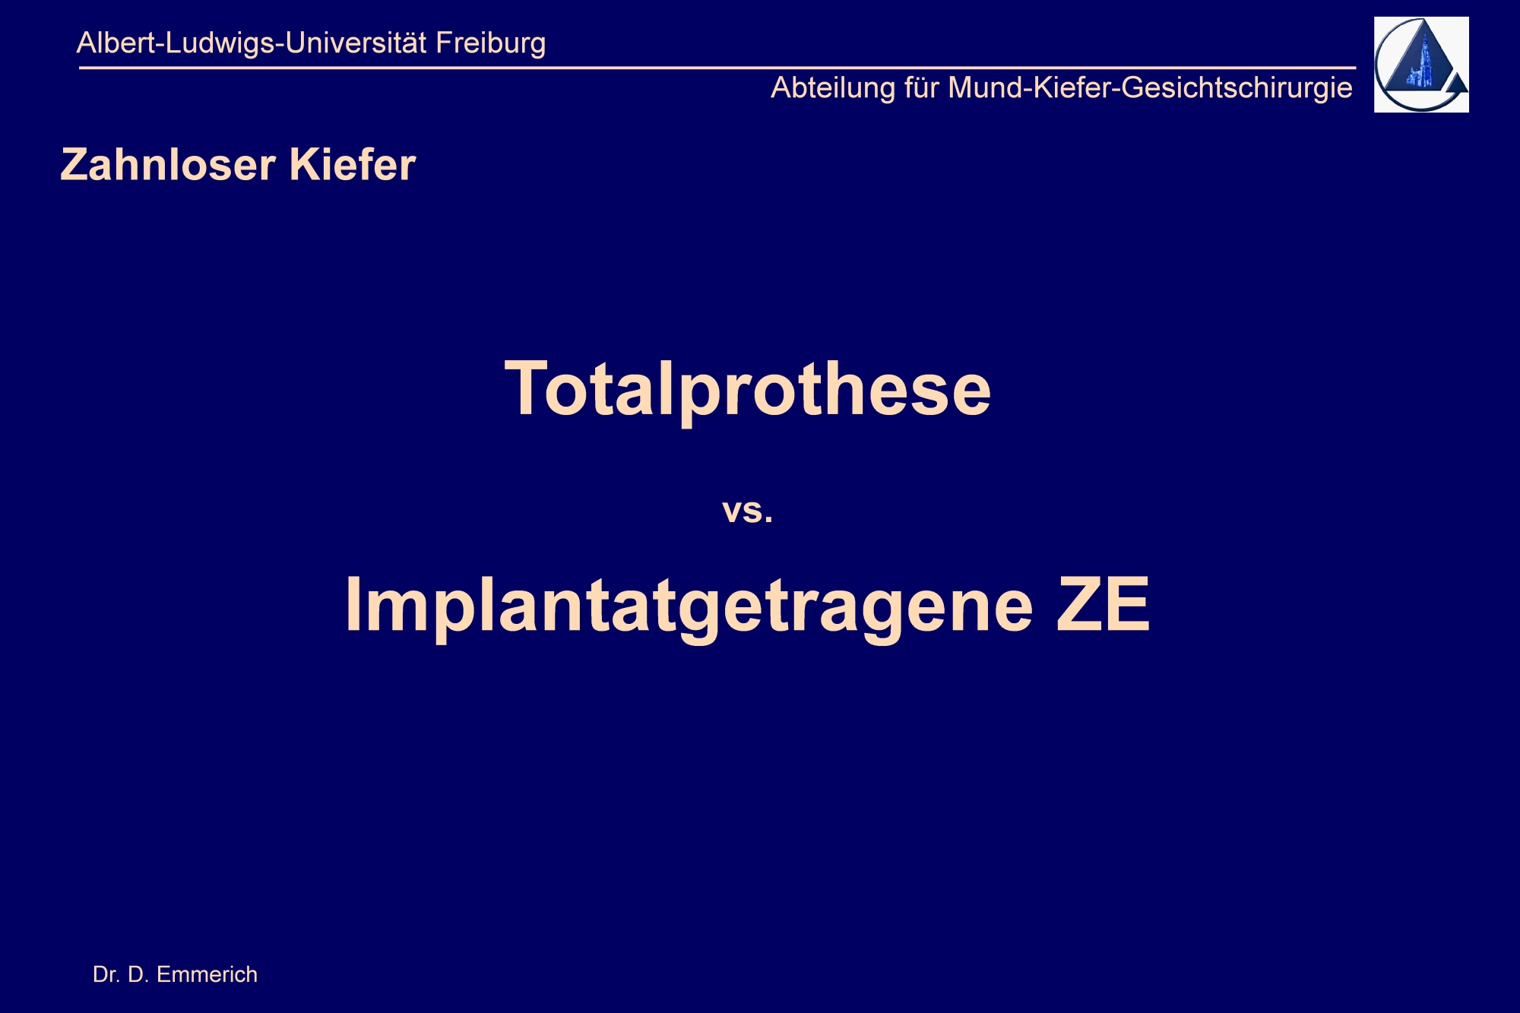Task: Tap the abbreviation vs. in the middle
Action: [x=748, y=510]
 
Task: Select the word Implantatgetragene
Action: [x=689, y=606]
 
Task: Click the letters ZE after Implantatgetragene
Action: [x=1104, y=604]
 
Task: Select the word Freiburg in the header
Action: [x=491, y=43]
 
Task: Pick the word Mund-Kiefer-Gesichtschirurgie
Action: [x=1151, y=88]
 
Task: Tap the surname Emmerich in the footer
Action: [x=207, y=974]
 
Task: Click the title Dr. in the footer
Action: [x=105, y=974]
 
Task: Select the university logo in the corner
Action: [x=1421, y=65]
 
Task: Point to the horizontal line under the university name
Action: [x=717, y=68]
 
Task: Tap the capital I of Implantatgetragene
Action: [x=353, y=604]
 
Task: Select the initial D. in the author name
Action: [x=138, y=974]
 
